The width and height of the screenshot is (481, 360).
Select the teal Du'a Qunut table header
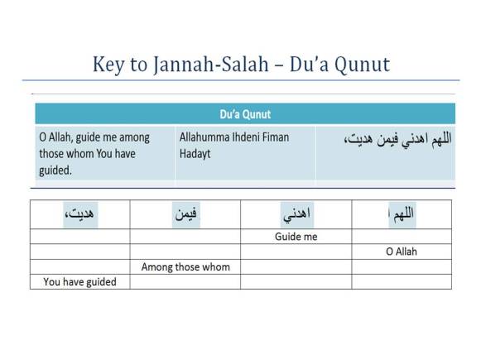click(x=244, y=114)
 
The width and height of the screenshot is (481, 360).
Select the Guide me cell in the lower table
click(x=296, y=237)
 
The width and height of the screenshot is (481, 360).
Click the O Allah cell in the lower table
click(x=401, y=252)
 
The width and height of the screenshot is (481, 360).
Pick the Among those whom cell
click(x=185, y=266)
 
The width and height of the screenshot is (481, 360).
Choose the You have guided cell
click(x=79, y=281)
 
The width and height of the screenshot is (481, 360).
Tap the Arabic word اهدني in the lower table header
click(x=296, y=215)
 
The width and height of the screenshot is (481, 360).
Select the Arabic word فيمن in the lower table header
click(x=185, y=215)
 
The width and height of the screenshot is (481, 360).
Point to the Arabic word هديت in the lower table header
click(x=79, y=215)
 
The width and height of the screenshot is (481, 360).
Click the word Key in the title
click(x=107, y=64)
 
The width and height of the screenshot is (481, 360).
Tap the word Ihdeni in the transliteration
click(x=254, y=137)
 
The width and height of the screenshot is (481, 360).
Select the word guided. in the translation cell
click(x=55, y=170)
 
